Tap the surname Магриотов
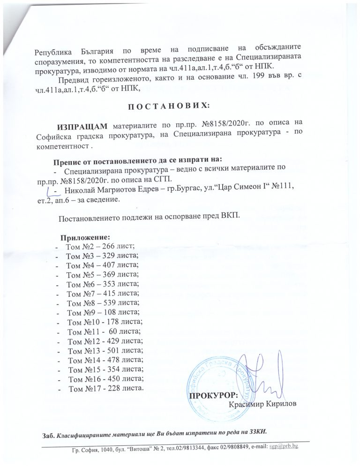[x=115, y=189]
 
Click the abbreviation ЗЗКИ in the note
[x=259, y=431]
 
